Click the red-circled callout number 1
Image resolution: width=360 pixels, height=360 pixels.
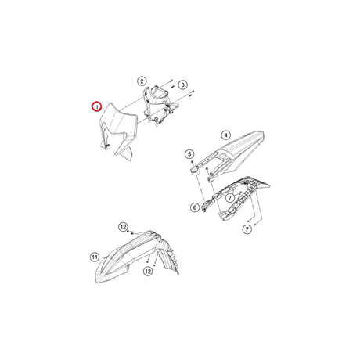[x=96, y=106]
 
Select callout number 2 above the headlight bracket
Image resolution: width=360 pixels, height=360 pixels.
[x=142, y=81]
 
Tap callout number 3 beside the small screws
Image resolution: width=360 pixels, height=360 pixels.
[x=182, y=85]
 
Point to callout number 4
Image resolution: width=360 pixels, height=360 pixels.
[x=225, y=135]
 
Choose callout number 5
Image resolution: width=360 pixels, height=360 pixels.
[x=189, y=154]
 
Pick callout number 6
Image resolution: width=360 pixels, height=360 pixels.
[x=195, y=207]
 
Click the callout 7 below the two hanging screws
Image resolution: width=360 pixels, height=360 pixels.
[x=247, y=229]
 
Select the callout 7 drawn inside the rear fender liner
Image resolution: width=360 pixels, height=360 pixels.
[x=230, y=198]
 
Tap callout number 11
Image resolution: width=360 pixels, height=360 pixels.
[x=95, y=257]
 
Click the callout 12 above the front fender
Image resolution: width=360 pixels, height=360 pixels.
[x=123, y=227]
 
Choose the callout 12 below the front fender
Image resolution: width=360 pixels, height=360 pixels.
[x=148, y=272]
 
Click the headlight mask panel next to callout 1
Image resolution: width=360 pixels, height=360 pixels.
[x=117, y=131]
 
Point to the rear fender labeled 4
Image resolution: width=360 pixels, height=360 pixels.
[x=229, y=154]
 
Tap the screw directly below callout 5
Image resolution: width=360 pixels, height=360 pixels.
[x=192, y=162]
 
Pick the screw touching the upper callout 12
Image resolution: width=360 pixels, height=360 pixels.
[x=128, y=232]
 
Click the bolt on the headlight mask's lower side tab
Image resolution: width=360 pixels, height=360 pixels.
[x=108, y=145]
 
